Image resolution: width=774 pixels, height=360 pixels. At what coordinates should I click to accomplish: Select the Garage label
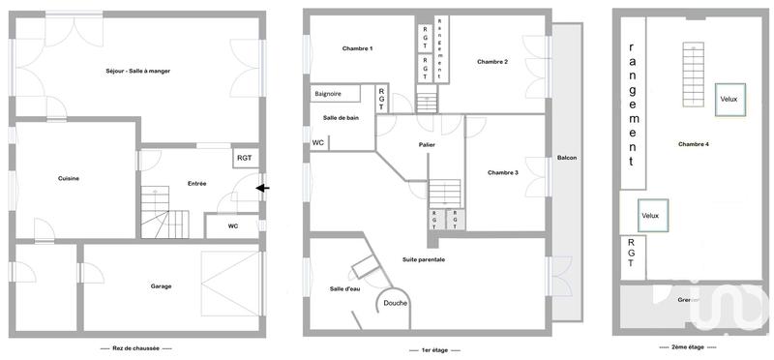161,286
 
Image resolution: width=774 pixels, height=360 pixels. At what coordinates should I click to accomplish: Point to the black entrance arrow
262,189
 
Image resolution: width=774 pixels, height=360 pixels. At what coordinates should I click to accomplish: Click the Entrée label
196,183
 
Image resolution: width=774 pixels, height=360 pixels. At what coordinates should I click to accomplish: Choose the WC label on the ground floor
233,226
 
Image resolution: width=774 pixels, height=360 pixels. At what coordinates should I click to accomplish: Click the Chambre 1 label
357,48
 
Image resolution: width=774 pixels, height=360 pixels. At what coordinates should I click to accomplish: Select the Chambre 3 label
503,172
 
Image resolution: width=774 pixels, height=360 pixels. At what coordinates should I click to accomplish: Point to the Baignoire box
332,94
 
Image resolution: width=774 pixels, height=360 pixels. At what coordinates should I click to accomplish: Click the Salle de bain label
341,117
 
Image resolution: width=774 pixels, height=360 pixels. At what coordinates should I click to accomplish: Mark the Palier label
427,145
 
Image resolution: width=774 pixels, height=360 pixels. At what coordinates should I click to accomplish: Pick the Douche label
395,303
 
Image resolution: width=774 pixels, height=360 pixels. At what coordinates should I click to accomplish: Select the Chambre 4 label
694,144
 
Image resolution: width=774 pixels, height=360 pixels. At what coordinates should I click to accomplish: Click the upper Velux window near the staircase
730,99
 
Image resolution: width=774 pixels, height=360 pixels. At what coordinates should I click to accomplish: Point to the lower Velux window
649,215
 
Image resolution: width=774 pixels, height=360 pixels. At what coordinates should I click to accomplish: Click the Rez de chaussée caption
135,348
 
